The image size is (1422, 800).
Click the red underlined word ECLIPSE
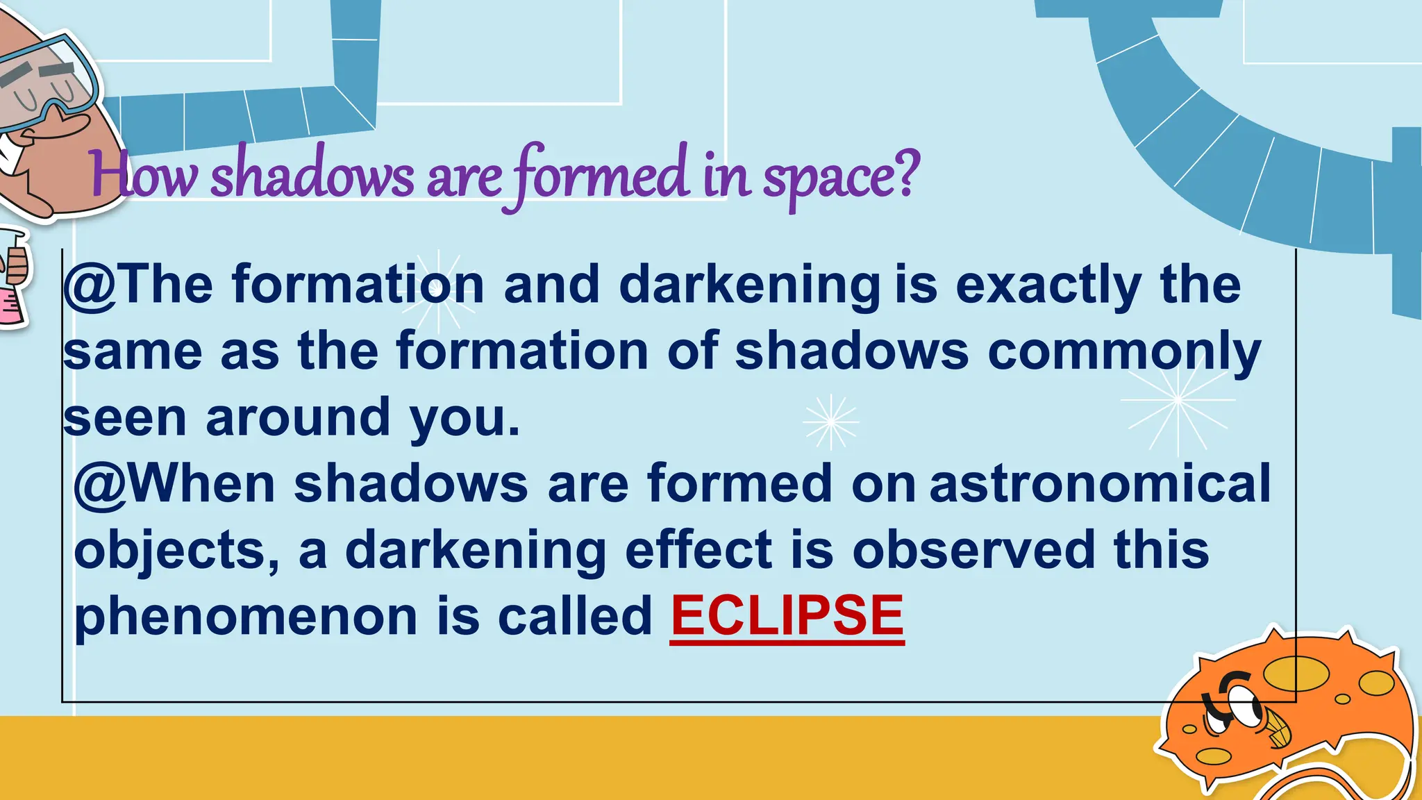(x=787, y=616)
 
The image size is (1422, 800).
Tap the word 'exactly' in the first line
(x=1048, y=286)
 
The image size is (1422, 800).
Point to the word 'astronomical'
(x=1100, y=483)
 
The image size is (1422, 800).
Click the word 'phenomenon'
(x=246, y=618)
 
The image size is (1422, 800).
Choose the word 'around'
(x=298, y=418)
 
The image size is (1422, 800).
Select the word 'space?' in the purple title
(x=841, y=177)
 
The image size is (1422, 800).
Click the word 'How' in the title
(x=142, y=177)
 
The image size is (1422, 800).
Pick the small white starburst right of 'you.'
(x=830, y=422)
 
